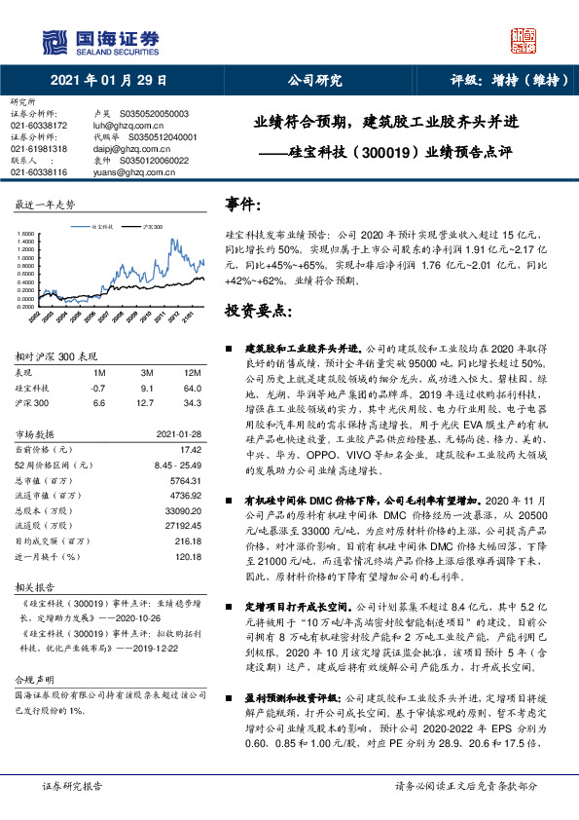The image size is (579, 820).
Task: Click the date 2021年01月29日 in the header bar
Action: click(107, 81)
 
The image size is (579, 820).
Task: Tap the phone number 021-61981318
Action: click(38, 148)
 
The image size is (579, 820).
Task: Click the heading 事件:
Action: click(243, 205)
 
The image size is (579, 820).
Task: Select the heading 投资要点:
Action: click(258, 312)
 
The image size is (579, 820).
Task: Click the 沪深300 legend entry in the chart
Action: click(152, 225)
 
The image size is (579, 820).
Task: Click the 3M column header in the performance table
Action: click(147, 373)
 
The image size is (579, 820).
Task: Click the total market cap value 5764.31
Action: click(184, 480)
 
